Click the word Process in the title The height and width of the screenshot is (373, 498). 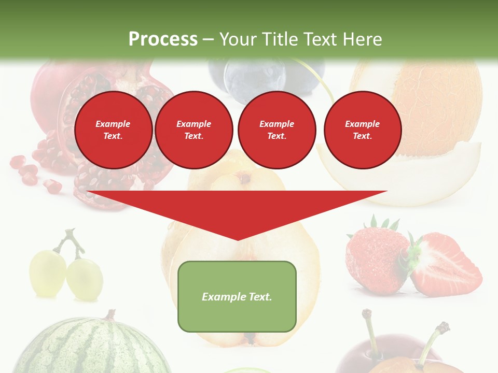coord(163,39)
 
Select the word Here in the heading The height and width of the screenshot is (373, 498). coord(360,39)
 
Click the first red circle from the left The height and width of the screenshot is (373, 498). coord(113,130)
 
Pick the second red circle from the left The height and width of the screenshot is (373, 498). coord(193,130)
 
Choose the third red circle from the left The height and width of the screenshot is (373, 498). coord(276,130)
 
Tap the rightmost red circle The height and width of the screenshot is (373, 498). coord(362,130)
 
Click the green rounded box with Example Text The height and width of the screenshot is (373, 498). coord(237,296)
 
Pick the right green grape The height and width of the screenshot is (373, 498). coord(84,279)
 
